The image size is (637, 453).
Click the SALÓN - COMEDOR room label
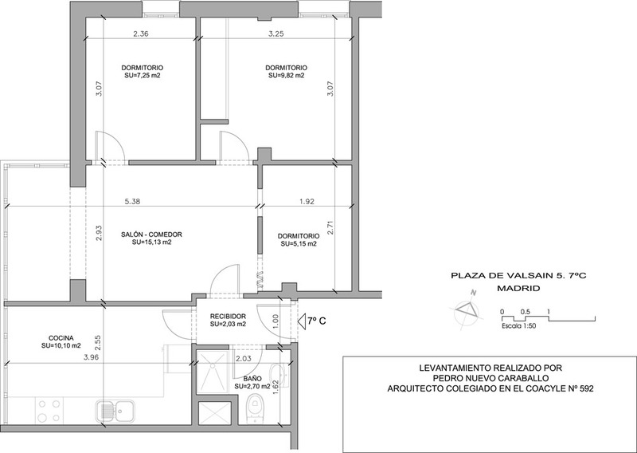(151, 234)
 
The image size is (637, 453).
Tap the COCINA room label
(61, 338)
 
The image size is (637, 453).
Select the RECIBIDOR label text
(228, 317)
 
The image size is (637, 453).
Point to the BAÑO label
(252, 379)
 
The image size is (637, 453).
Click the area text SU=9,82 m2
(287, 75)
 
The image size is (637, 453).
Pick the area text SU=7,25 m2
(143, 75)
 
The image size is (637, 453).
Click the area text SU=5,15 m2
(299, 244)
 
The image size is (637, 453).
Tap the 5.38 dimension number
(132, 202)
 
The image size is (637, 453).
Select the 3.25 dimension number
(276, 34)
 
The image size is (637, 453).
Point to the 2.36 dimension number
(141, 34)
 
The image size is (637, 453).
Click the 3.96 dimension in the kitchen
(91, 358)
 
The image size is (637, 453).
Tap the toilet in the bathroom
(256, 408)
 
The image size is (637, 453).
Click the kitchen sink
(115, 411)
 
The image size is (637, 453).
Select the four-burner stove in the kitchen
(49, 411)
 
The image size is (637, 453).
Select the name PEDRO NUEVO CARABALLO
(490, 379)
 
